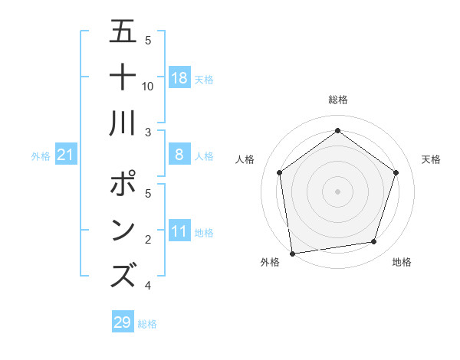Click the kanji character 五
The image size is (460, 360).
click(123, 31)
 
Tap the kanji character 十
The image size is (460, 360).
click(123, 77)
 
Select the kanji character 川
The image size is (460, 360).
click(123, 122)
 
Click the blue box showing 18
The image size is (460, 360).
click(179, 78)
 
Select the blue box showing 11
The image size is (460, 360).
click(179, 231)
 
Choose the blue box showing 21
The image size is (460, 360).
click(66, 155)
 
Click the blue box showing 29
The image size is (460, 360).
click(122, 322)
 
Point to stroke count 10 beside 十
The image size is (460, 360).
click(148, 86)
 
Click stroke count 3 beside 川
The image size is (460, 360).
click(148, 132)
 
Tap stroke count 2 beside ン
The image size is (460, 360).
click(148, 241)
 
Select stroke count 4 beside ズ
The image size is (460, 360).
click(148, 286)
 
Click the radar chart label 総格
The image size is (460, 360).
click(337, 100)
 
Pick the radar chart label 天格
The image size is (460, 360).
click(431, 159)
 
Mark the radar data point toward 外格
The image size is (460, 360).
click(292, 252)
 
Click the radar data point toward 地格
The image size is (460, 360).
click(374, 242)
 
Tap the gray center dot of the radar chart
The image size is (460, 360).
click(337, 190)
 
